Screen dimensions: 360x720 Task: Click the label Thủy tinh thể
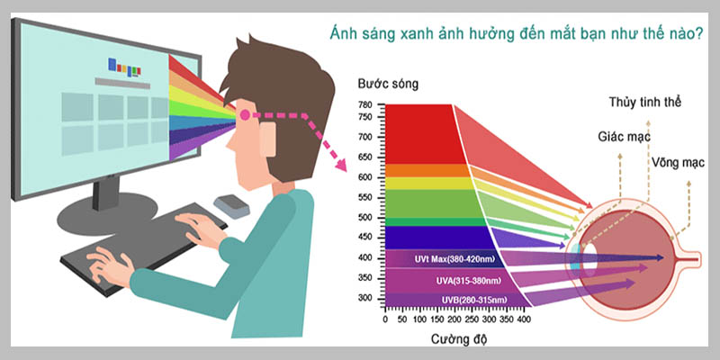click(644, 103)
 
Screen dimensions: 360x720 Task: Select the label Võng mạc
click(678, 163)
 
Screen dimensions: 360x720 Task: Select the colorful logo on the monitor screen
click(125, 65)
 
